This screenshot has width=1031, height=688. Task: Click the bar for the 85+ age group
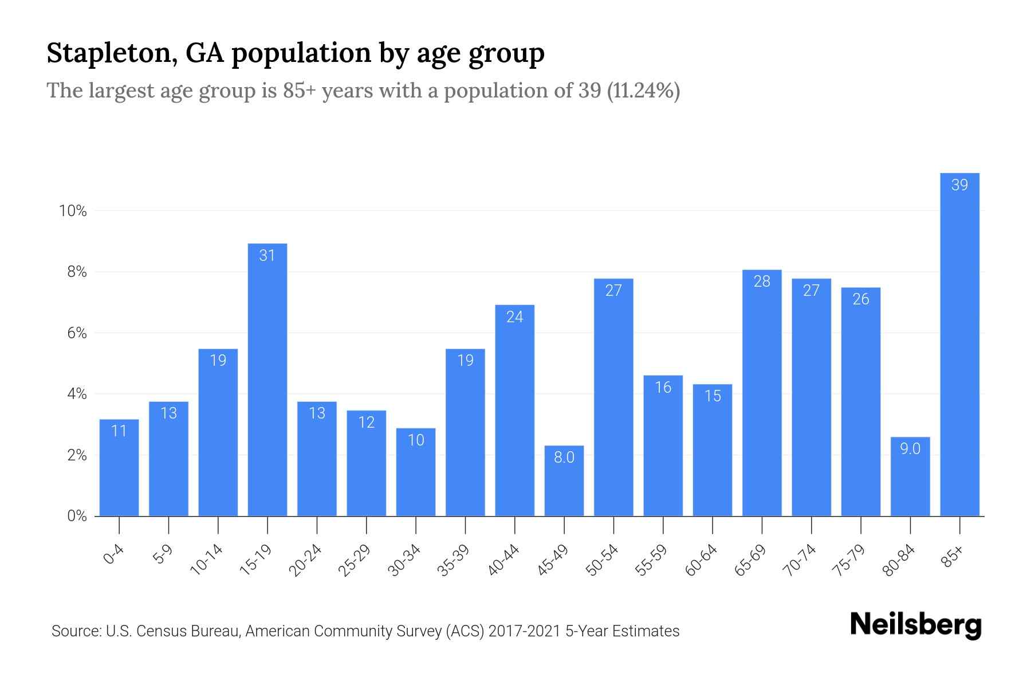pos(959,344)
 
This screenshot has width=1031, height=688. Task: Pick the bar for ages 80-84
pos(910,476)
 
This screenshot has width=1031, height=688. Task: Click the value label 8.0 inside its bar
pos(564,457)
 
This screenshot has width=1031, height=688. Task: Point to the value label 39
pos(959,185)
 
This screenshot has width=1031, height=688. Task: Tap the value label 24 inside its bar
pos(514,316)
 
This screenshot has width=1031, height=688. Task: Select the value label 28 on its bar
pos(762,281)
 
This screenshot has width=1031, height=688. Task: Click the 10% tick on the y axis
pos(73,211)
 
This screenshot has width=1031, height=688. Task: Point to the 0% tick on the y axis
pos(77,516)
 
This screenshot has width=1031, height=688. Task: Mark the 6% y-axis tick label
pos(77,333)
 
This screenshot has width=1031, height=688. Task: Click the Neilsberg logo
pos(915,625)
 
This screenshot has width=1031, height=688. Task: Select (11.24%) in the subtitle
pos(643,91)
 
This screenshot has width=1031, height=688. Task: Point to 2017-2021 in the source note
pos(525,631)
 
